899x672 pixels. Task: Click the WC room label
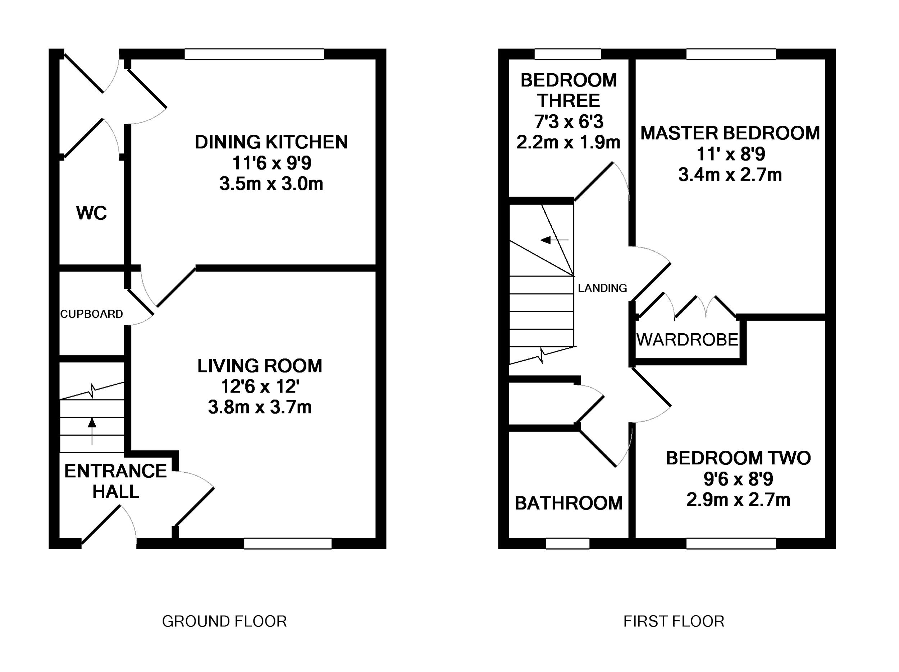click(91, 213)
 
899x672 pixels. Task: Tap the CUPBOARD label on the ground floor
click(91, 314)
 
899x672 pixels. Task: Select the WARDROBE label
click(687, 339)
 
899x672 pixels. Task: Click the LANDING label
click(602, 288)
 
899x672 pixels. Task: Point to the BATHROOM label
click(569, 504)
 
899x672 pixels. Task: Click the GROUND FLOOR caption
click(224, 621)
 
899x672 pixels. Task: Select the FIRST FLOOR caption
click(674, 621)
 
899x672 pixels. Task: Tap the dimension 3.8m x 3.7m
click(260, 407)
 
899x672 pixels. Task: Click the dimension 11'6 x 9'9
click(271, 163)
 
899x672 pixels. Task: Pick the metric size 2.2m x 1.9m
click(568, 142)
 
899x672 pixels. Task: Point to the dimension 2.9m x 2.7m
click(738, 500)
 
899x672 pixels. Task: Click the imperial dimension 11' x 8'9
click(730, 154)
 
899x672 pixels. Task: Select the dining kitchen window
click(255, 54)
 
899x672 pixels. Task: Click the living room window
click(288, 543)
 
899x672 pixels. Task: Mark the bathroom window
click(567, 543)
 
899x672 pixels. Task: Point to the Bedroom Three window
click(567, 54)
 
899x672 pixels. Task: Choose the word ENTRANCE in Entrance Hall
click(115, 471)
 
